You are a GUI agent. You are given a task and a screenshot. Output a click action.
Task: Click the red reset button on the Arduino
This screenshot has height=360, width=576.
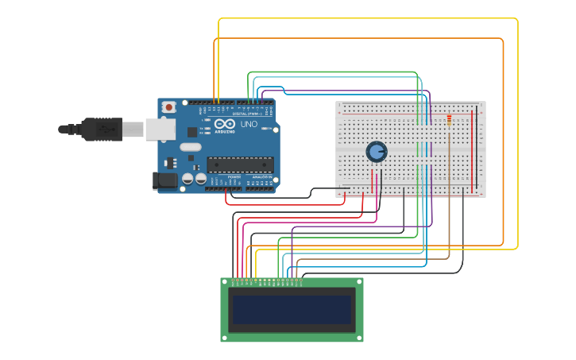(x=168, y=107)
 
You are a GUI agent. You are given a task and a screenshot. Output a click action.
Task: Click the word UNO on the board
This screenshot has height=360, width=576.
(x=249, y=125)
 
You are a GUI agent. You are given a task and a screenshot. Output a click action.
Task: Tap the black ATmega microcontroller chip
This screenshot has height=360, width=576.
(x=240, y=165)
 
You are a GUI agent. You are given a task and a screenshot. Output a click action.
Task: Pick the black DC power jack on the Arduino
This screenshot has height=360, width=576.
(x=165, y=181)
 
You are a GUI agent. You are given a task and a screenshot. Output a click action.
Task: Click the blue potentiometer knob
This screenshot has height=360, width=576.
(x=376, y=151)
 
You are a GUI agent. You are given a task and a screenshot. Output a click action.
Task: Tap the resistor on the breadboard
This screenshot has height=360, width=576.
(x=449, y=120)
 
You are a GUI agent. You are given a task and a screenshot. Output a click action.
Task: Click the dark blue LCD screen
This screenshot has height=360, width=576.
(x=292, y=309)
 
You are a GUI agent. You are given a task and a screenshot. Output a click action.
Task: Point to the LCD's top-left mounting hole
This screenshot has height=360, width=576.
(x=225, y=282)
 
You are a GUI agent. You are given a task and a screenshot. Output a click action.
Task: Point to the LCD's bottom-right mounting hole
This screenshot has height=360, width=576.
(x=359, y=338)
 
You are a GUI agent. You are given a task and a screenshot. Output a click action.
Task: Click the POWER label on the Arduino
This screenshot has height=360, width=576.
(x=234, y=177)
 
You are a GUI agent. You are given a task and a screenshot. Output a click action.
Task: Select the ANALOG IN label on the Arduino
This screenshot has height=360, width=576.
(x=262, y=177)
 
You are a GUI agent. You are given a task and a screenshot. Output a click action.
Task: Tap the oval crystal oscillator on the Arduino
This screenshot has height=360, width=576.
(x=191, y=147)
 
